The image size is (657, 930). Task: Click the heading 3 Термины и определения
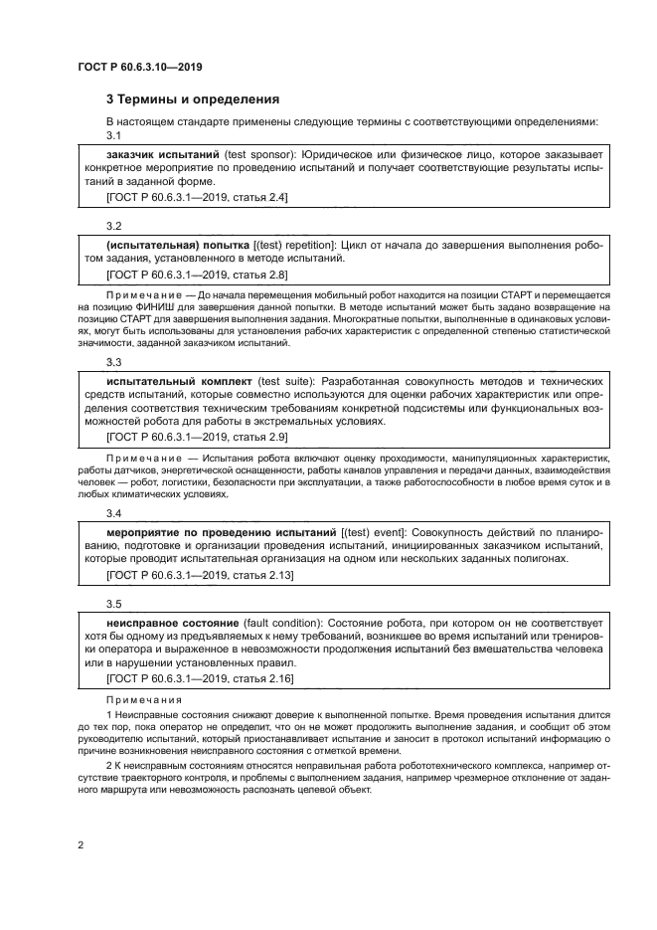click(x=193, y=99)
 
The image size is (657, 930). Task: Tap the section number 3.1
click(x=113, y=135)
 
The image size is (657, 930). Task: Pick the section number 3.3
click(x=113, y=363)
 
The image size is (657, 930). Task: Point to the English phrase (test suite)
click(x=283, y=381)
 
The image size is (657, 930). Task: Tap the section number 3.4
click(x=113, y=513)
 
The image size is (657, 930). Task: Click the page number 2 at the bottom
click(x=81, y=844)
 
